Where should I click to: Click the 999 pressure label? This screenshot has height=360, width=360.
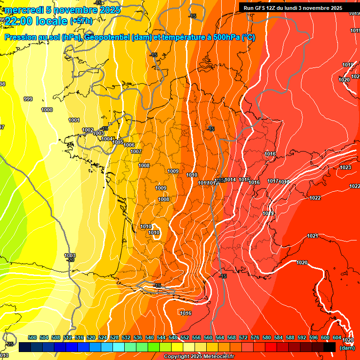pyautogui.click(x=28, y=99)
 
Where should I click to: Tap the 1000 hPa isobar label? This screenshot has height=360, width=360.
pyautogui.click(x=47, y=110)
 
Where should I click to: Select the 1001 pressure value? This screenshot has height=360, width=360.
pyautogui.click(x=74, y=120)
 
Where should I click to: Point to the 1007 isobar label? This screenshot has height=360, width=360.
pyautogui.click(x=136, y=151)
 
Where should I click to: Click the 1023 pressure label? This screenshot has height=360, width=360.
pyautogui.click(x=345, y=167)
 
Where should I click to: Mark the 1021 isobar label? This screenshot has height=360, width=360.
pyautogui.click(x=313, y=236)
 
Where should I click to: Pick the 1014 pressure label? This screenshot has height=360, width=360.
pyautogui.click(x=230, y=180)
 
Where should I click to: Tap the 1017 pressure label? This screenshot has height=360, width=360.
pyautogui.click(x=273, y=181)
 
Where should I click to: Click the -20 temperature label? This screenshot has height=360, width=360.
pyautogui.click(x=71, y=260)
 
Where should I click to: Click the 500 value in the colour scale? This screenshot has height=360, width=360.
pyautogui.click(x=32, y=338)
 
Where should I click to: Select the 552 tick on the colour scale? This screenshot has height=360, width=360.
pyautogui.click(x=185, y=338)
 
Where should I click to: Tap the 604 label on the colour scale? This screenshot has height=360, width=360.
pyautogui.click(x=337, y=338)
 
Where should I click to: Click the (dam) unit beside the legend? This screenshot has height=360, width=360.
pyautogui.click(x=347, y=348)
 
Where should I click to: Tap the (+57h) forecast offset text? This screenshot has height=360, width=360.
pyautogui.click(x=81, y=21)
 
